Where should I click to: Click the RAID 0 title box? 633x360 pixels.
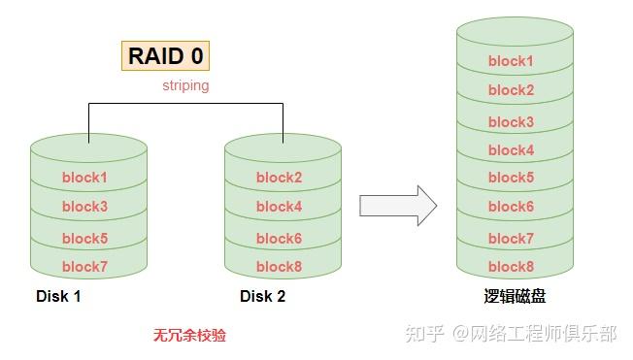[166, 55]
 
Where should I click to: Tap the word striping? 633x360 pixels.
[185, 86]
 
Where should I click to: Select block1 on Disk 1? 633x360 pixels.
[84, 178]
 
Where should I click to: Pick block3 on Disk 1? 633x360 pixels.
[84, 207]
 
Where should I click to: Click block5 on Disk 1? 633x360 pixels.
[84, 238]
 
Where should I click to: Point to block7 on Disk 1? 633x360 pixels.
[84, 267]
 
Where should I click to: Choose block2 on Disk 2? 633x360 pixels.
[279, 178]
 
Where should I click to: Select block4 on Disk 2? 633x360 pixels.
[279, 207]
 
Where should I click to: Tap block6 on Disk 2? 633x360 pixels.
[279, 238]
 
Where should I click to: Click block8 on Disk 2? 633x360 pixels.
[279, 267]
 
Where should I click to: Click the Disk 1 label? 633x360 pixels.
[58, 297]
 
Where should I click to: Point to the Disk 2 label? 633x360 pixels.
[262, 297]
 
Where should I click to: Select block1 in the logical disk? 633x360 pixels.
[511, 61]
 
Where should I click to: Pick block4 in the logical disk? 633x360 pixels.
[511, 150]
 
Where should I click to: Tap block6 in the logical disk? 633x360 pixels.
[511, 207]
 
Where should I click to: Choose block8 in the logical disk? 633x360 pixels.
[511, 267]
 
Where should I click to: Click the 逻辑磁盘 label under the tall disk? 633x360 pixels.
[514, 297]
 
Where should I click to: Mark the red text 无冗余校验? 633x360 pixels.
[190, 336]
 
